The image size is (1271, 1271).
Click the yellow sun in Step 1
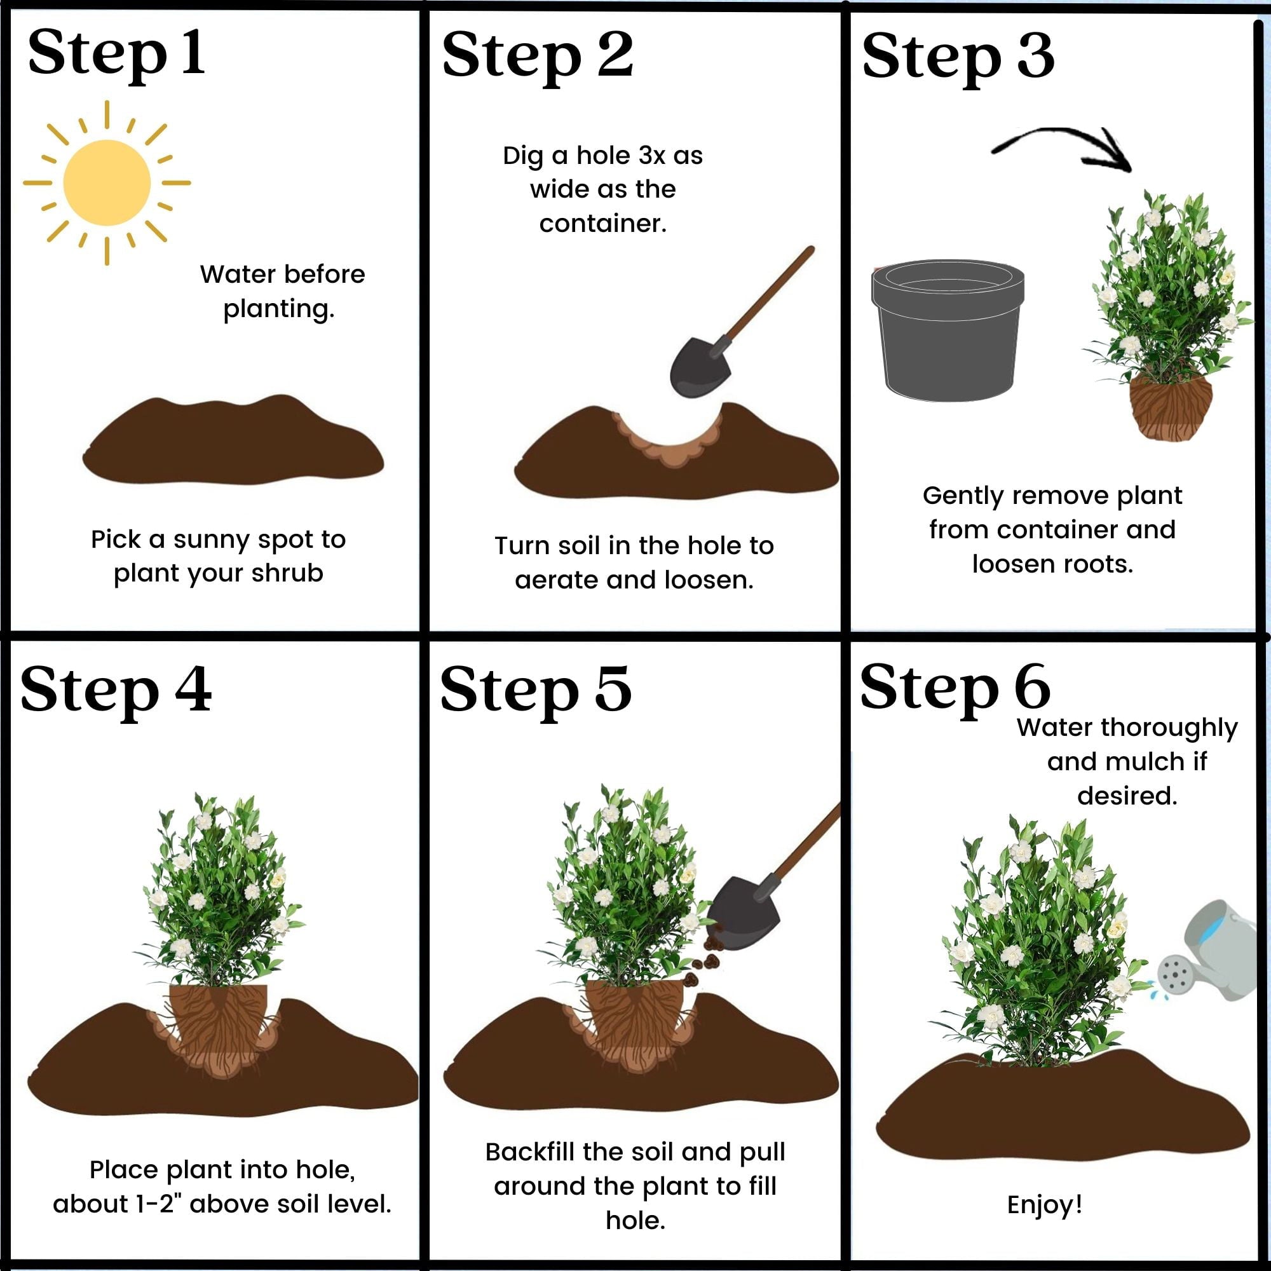point(107,183)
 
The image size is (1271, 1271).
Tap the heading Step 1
point(116,54)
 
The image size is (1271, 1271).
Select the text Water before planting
point(282,291)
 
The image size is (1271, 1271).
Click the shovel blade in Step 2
point(700,367)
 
